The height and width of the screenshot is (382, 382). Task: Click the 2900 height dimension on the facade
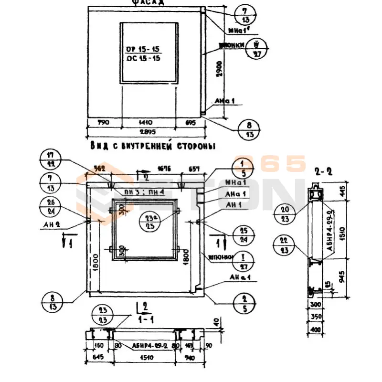pos(219,72)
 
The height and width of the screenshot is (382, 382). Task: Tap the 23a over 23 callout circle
pos(148,222)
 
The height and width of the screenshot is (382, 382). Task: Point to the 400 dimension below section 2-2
pos(316,329)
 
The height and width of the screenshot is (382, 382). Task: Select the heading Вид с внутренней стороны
pos(152,146)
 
